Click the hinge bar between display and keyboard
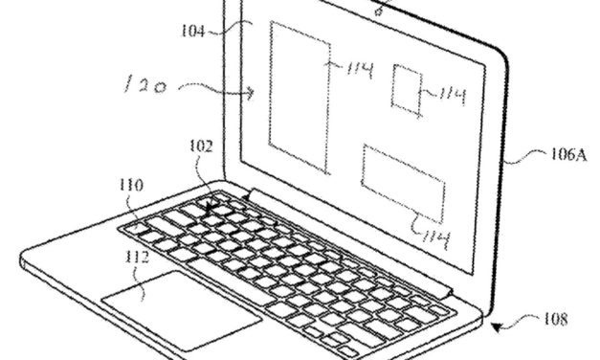364,238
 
